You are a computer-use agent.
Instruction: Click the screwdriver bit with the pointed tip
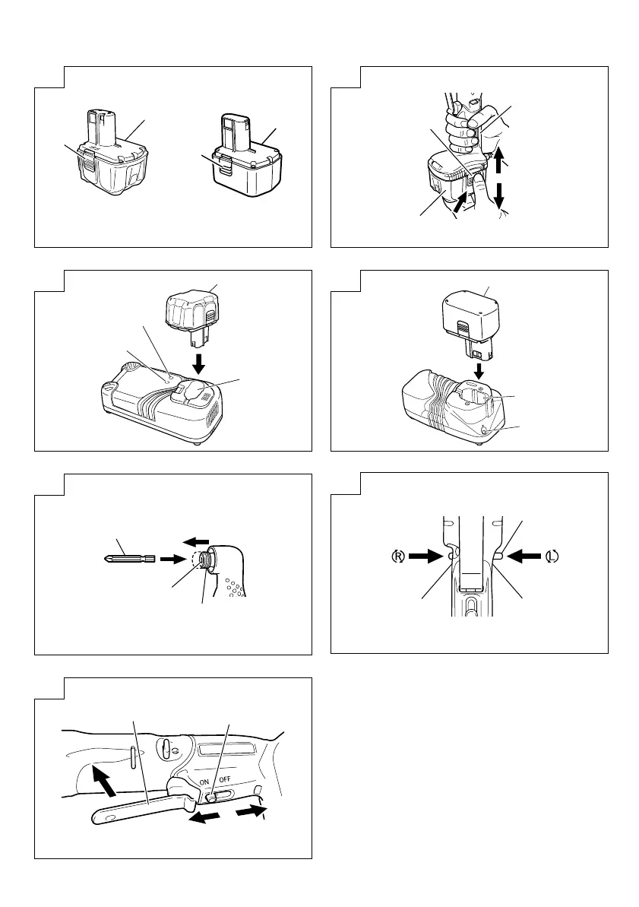[129, 559]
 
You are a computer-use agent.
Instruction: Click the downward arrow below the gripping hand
[500, 194]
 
